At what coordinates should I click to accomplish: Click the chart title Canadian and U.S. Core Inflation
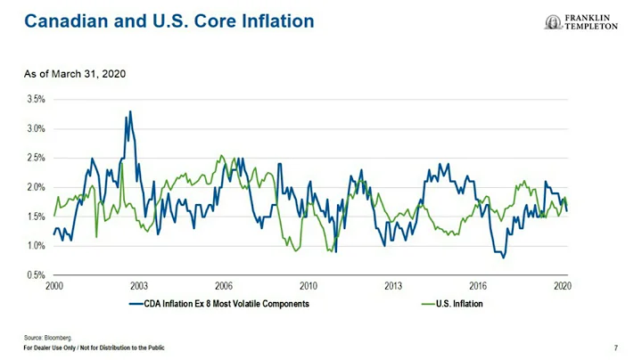coord(169,20)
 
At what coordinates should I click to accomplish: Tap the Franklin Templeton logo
coord(580,21)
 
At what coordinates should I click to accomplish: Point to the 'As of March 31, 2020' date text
coord(75,73)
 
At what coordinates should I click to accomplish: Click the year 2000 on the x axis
coord(53,286)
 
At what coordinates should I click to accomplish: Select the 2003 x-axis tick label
coord(138,286)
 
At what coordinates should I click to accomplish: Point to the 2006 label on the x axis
coord(223,286)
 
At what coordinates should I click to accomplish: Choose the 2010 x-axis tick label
coord(309,286)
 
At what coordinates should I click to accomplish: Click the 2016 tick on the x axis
coord(478,286)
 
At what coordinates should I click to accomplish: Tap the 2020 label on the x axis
coord(563,286)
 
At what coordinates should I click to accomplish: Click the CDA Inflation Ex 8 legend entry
coord(220,304)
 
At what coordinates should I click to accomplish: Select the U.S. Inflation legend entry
coord(454,304)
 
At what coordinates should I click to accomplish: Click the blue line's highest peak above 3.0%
coord(130,112)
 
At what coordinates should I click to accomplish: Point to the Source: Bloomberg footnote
coord(47,338)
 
